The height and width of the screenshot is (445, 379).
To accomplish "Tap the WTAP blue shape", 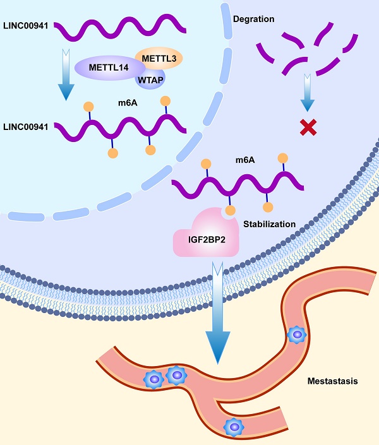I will pyautogui.click(x=150, y=80).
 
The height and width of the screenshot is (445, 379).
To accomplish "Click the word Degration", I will pyautogui.click(x=253, y=19).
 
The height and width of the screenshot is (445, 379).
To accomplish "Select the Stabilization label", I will pyautogui.click(x=270, y=223).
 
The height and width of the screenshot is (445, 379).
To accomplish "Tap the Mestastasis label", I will pyautogui.click(x=332, y=381).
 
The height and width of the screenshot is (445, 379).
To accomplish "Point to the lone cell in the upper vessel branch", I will pyautogui.click(x=296, y=335).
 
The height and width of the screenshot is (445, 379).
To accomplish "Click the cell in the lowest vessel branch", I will pyautogui.click(x=234, y=427).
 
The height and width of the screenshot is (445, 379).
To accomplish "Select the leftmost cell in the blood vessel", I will pyautogui.click(x=153, y=379).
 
